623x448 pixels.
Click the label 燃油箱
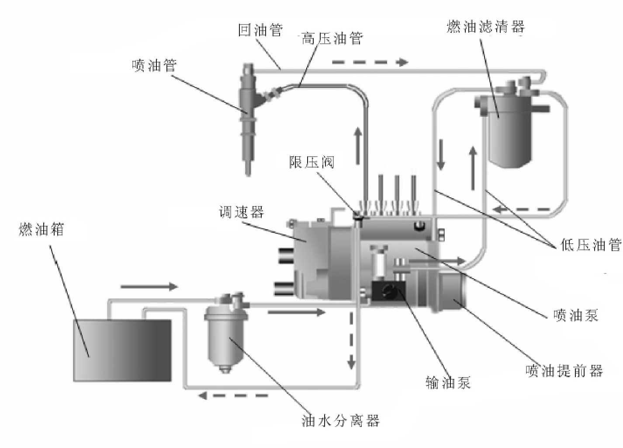point(42,229)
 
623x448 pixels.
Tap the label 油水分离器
point(341,420)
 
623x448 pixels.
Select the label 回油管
point(260,30)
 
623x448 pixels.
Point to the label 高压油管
point(332,38)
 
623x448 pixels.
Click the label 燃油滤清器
point(486,27)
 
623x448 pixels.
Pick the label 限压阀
point(311,162)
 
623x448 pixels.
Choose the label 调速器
point(242,212)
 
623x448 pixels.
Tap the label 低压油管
point(590,245)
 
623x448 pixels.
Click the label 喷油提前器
point(564,371)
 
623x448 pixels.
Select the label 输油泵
point(448,382)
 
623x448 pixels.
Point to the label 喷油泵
point(576,315)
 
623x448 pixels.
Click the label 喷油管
point(154,66)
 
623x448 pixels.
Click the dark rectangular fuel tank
point(122,350)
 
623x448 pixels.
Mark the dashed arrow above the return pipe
point(370,62)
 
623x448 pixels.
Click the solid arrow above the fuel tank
point(149,287)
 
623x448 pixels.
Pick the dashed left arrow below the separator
point(233,395)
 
